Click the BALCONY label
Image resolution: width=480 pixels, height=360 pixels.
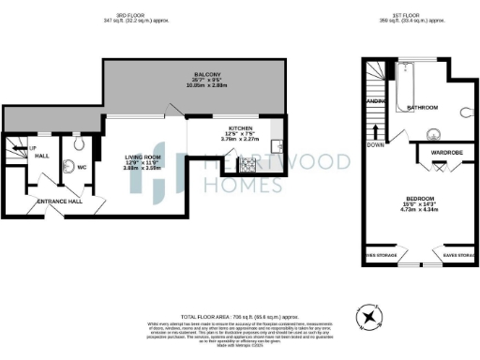[207, 74]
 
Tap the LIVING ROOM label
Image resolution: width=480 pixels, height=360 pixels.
[144, 157]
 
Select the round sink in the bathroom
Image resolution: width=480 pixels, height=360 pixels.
[432, 133]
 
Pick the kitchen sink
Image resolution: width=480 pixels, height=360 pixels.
[277, 146]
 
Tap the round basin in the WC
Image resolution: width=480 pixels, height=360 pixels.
[75, 146]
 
